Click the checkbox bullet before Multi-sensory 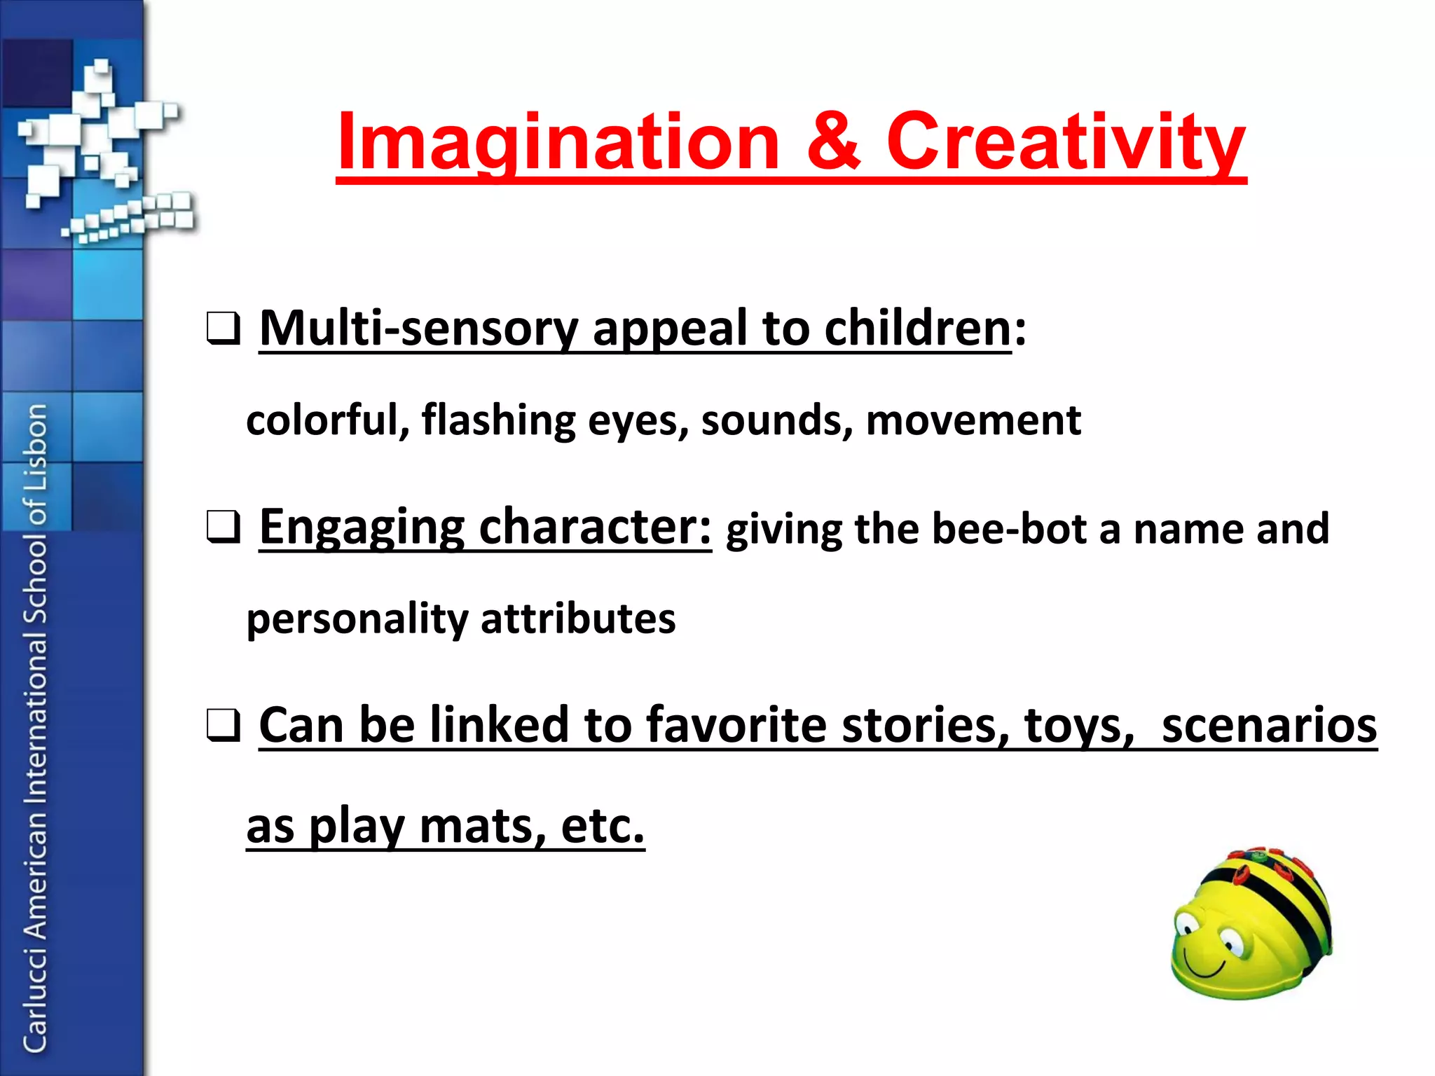[x=224, y=329]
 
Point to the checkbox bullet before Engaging [x=224, y=527]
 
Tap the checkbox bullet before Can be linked [x=224, y=726]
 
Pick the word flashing [x=498, y=420]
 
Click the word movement [x=973, y=420]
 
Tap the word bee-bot [x=1008, y=529]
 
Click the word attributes [x=578, y=619]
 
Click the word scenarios [x=1269, y=725]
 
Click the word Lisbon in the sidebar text [x=36, y=448]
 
